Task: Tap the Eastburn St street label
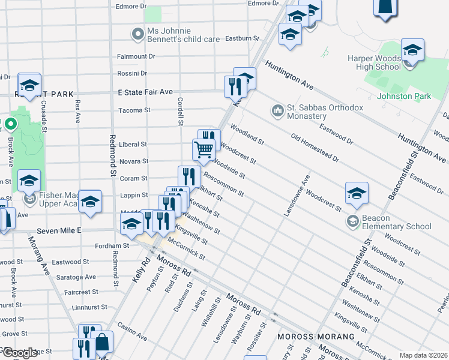[242, 38]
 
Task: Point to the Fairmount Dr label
[136, 56]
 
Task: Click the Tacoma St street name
[134, 110]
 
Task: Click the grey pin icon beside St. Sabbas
[277, 110]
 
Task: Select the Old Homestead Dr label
[315, 148]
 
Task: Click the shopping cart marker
[204, 149]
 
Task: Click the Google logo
[20, 352]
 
